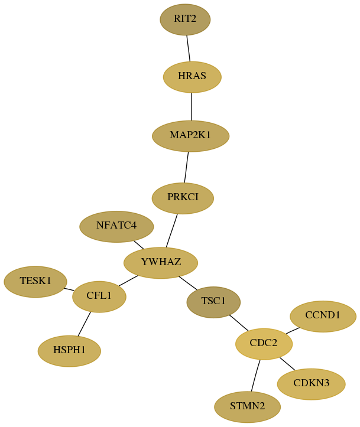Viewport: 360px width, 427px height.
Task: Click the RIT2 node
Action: pos(185,19)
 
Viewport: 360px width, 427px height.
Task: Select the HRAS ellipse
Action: pos(192,77)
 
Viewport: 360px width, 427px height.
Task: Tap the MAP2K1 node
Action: pos(190,136)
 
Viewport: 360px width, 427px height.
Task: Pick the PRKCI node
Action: pos(183,198)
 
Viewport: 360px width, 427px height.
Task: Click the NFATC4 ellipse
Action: pos(116,227)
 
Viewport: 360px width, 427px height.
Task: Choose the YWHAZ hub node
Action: pos(161,263)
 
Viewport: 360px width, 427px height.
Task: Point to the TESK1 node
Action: pos(35,282)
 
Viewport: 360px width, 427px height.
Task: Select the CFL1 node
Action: pos(99,296)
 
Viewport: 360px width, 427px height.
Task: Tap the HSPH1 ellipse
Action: pos(69,351)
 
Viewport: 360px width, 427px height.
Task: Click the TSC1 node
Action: pos(213,302)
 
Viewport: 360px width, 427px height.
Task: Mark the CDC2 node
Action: pos(264,344)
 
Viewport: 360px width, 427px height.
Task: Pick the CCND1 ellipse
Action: pos(323,316)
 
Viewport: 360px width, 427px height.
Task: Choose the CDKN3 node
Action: pos(311,384)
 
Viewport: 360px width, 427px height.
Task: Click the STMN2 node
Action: pos(247,407)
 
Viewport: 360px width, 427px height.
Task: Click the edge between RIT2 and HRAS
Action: pos(189,48)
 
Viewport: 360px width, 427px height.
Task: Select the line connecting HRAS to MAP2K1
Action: pos(192,106)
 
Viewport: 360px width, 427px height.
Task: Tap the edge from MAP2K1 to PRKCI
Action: pos(186,167)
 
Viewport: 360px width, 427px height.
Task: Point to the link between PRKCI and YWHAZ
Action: pos(171,231)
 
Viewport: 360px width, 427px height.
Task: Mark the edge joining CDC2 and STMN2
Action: pos(255,376)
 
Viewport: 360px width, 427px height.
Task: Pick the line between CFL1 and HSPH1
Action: pos(84,324)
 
